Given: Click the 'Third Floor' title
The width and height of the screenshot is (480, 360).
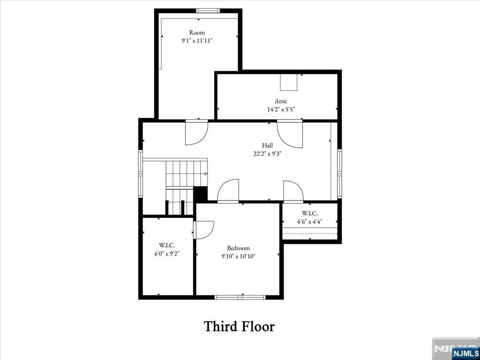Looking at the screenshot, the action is tap(239, 326).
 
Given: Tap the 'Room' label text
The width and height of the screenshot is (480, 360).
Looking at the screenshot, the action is tap(197, 32).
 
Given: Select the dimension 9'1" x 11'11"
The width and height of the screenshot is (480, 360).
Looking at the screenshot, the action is tap(197, 40).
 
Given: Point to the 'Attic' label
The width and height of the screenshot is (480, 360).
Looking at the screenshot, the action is tap(281, 101).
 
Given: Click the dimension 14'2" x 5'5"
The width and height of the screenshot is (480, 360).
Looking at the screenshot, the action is tap(281, 109).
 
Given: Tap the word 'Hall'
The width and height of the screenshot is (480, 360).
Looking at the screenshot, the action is tap(267, 145).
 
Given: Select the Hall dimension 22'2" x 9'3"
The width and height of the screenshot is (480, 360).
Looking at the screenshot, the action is tap(267, 153).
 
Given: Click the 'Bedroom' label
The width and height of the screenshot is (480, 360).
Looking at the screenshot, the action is tap(238, 248).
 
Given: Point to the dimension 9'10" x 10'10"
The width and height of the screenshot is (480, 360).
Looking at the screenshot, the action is tap(238, 256).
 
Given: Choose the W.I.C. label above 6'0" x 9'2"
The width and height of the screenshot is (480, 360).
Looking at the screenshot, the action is tap(167, 245).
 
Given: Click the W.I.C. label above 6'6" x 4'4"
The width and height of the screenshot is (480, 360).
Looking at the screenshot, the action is tap(310, 213).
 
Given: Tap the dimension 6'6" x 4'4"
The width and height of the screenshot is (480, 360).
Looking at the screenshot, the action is tap(310, 221).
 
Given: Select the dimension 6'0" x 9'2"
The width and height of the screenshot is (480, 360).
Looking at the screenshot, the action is tap(167, 253).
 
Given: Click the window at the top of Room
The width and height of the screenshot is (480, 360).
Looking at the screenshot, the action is tap(208, 11).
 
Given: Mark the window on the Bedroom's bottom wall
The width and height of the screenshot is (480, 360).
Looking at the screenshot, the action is tap(240, 297).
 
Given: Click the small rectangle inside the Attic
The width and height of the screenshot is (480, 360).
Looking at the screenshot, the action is tap(289, 82).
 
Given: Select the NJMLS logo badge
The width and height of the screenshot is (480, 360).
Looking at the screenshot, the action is tap(465, 353).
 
